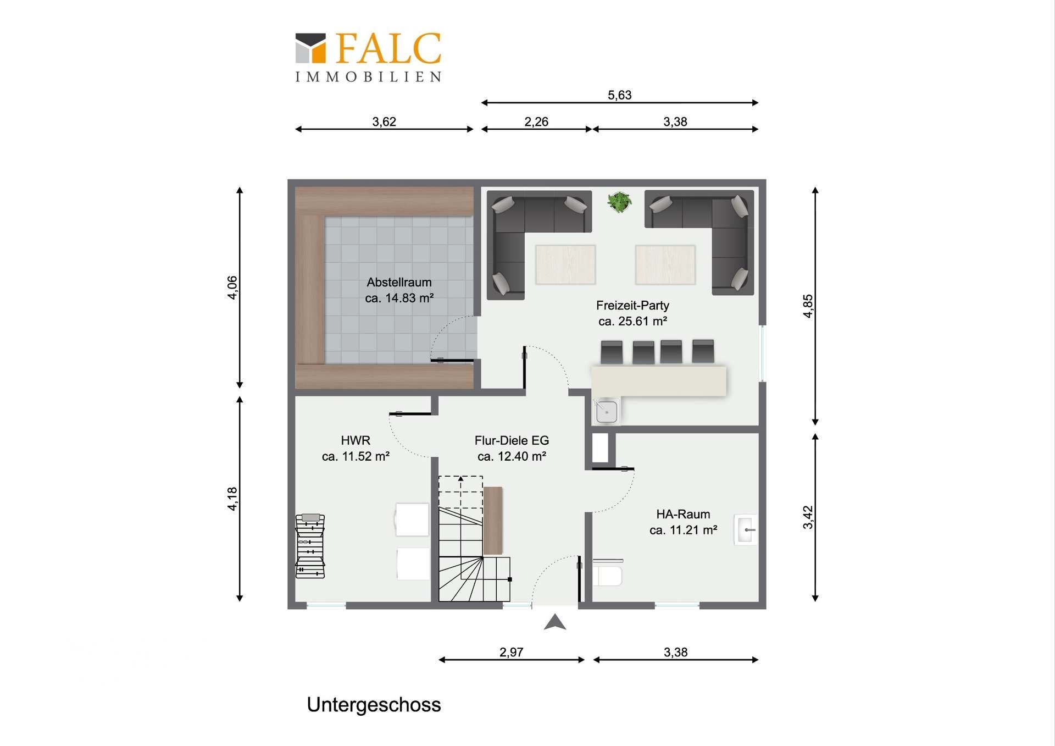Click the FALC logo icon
(x=310, y=48)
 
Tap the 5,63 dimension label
(x=619, y=95)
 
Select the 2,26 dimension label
(x=536, y=121)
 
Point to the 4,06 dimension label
(x=232, y=288)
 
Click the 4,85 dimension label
(x=807, y=306)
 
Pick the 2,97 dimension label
(x=511, y=652)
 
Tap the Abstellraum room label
(x=399, y=282)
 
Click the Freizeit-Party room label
(x=632, y=305)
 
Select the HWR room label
(x=356, y=440)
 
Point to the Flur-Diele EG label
(x=512, y=440)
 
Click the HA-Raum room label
(x=683, y=514)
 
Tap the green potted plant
(x=619, y=202)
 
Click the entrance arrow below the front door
(x=555, y=622)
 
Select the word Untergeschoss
(x=374, y=705)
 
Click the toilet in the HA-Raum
(x=608, y=572)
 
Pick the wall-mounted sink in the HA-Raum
(x=746, y=530)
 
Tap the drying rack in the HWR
(x=310, y=546)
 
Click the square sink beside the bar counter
(x=607, y=412)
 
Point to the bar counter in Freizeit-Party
(x=659, y=380)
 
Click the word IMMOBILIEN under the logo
(x=368, y=77)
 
